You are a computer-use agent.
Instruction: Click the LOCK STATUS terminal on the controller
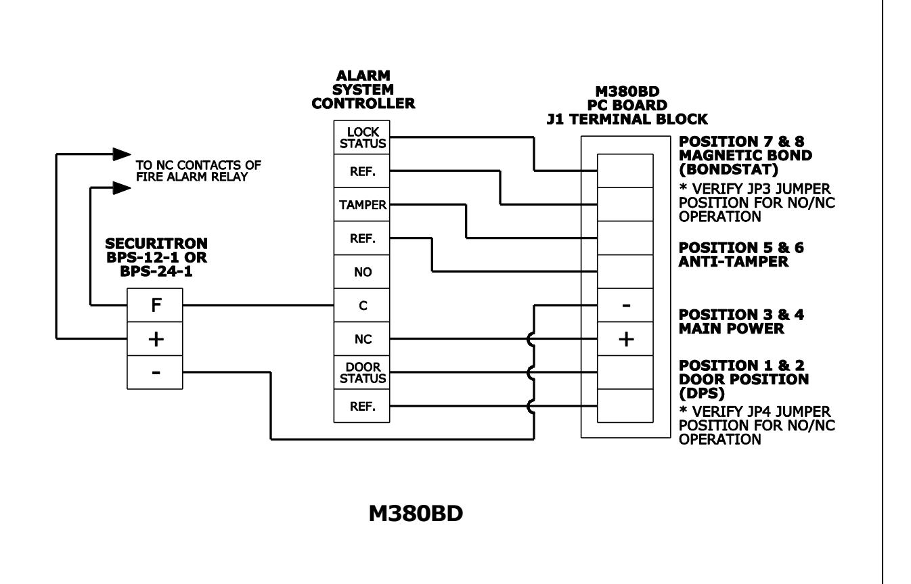click(x=361, y=137)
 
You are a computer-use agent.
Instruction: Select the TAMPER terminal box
click(x=361, y=204)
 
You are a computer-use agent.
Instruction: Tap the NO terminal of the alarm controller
click(x=361, y=271)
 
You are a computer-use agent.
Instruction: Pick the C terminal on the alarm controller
click(x=361, y=305)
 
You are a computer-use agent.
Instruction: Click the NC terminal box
click(x=361, y=339)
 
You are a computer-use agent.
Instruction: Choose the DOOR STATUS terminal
click(x=361, y=372)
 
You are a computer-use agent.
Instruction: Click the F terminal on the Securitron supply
click(x=155, y=305)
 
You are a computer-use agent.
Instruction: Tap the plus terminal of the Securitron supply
click(x=155, y=339)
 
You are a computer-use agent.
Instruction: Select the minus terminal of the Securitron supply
click(x=155, y=372)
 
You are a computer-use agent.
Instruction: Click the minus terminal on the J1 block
click(x=625, y=305)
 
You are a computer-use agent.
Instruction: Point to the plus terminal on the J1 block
click(x=625, y=339)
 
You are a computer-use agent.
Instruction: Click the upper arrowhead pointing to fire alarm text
click(x=122, y=154)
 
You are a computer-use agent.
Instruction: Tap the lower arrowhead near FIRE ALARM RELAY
click(x=122, y=188)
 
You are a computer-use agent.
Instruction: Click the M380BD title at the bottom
click(x=416, y=513)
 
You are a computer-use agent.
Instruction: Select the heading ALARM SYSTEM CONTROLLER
click(x=363, y=89)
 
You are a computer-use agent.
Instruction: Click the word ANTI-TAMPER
click(x=733, y=261)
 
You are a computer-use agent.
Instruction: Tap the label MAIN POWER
click(x=731, y=329)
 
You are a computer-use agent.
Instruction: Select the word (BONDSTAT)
click(x=728, y=169)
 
